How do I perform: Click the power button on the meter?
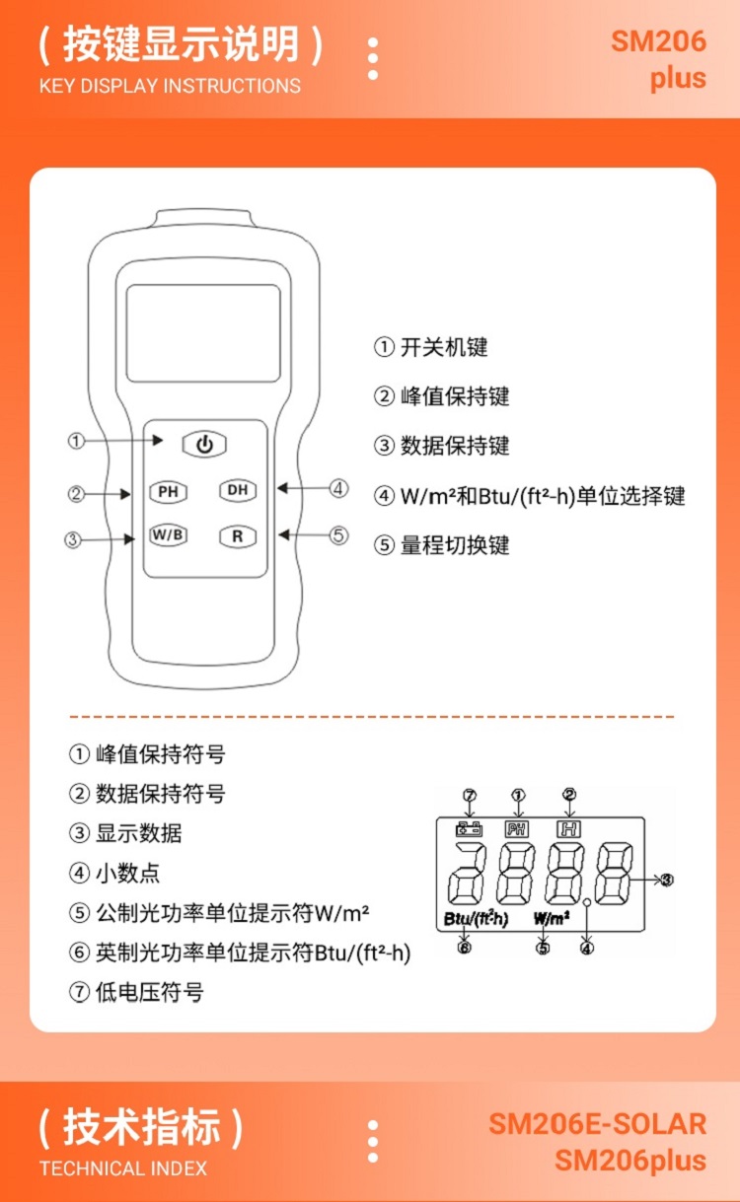pos(204,444)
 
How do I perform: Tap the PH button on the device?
pos(167,490)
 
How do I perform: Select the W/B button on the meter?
pos(168,535)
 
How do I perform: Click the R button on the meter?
pos(238,536)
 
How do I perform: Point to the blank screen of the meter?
pos(203,332)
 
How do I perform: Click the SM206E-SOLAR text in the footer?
pos(597,1124)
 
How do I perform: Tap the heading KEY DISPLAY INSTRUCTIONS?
pos(170,86)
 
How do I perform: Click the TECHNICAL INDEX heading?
pos(123,1168)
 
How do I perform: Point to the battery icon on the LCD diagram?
pos(469,829)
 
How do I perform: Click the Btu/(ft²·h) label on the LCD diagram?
pos(476,919)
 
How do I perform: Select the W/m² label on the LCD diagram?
pos(552,919)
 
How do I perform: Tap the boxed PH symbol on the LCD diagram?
pos(517,829)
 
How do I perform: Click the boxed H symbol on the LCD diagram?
pos(568,829)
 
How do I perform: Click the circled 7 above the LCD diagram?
pos(469,795)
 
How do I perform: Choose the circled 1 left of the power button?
pos(76,441)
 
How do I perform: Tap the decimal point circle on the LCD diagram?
pos(587,902)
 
